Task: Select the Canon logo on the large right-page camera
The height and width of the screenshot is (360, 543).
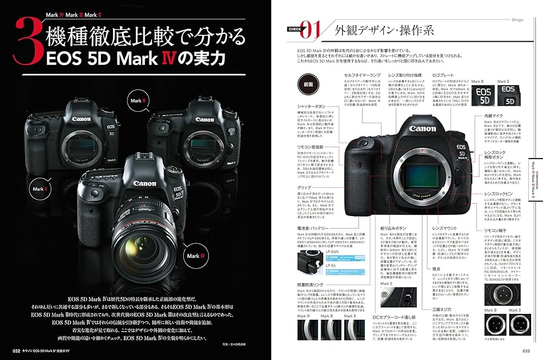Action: [x=422, y=129]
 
